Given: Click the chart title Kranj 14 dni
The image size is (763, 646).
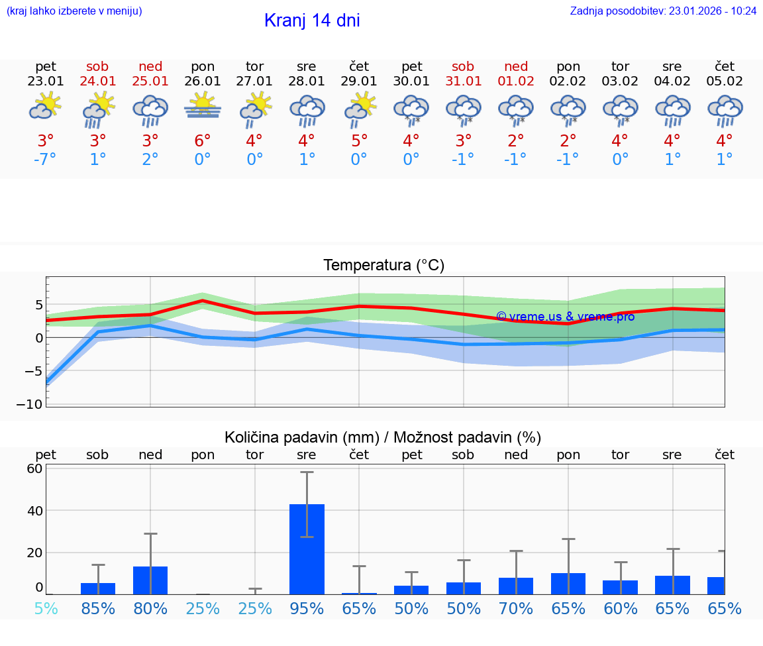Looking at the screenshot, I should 312,21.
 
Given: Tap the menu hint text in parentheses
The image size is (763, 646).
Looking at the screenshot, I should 74,11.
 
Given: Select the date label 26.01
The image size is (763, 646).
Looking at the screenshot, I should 203,81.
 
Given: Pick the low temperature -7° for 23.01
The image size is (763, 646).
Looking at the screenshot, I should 46,160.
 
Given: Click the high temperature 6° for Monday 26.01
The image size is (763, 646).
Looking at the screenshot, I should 203,140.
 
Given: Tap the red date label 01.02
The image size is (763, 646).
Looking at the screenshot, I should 516,81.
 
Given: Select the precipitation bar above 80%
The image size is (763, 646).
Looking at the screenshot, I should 150,580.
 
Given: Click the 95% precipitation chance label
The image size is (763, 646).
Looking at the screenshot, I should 307,609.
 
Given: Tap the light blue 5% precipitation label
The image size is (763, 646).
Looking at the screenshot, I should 46,609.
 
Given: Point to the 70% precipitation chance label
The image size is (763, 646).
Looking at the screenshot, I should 516,609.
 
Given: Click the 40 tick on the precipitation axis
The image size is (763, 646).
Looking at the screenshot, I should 34,511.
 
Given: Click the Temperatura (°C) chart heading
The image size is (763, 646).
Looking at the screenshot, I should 383,266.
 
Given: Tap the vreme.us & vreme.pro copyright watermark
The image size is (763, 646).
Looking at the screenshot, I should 565,317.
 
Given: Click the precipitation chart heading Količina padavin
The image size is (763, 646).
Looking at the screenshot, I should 383,437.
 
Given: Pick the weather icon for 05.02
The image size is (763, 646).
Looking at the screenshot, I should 725,109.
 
